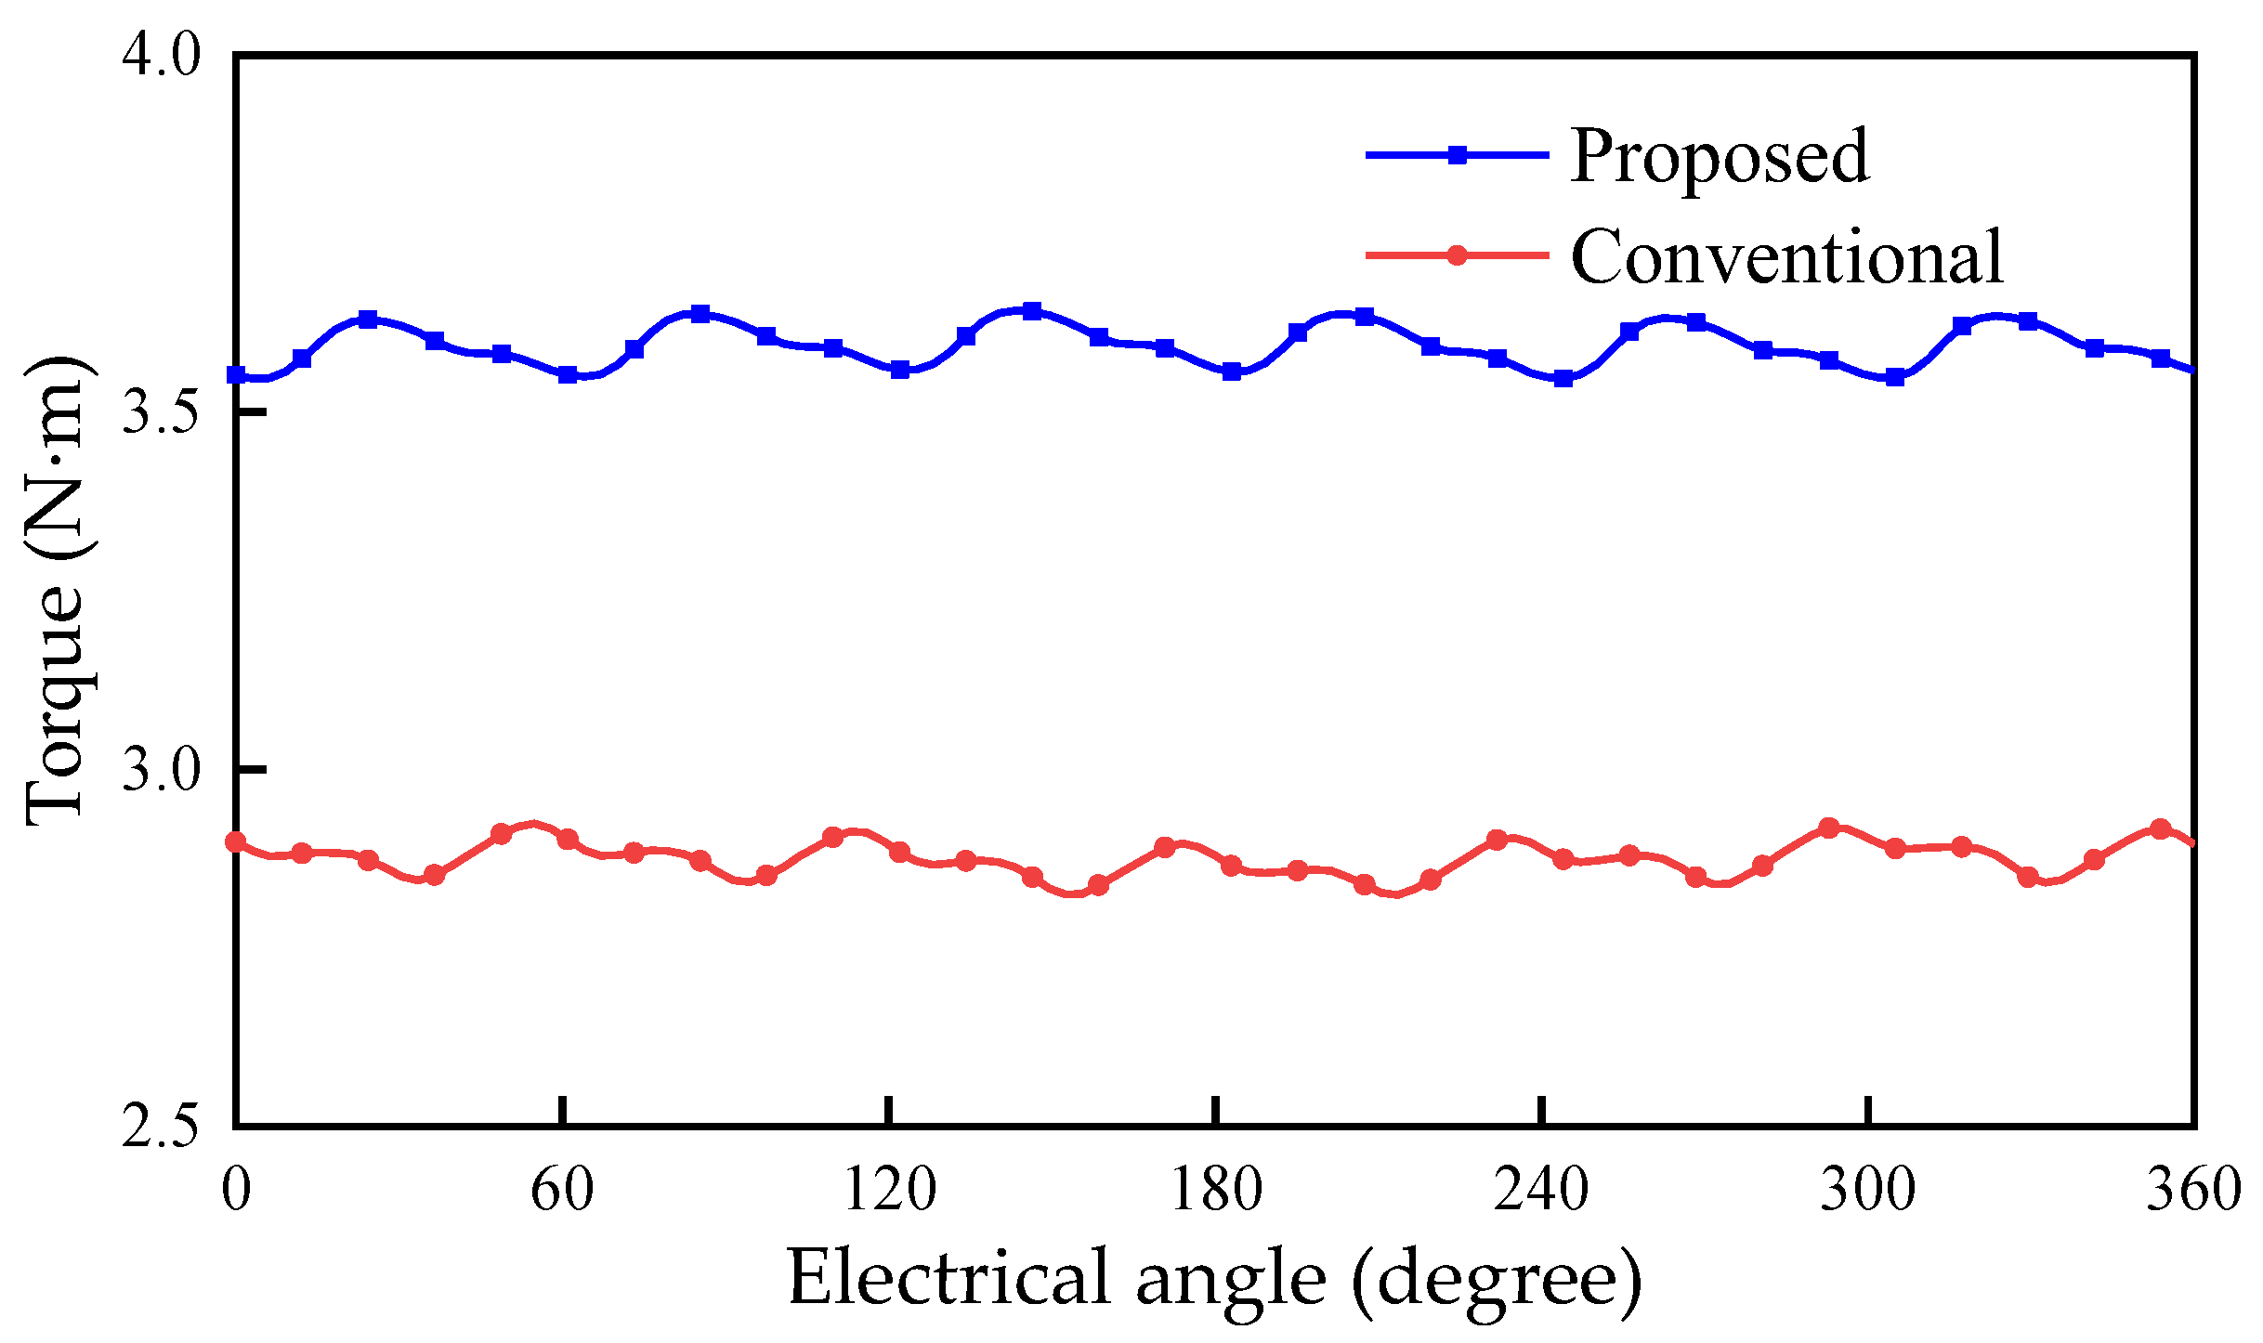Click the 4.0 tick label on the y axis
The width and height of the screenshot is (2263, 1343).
(x=161, y=56)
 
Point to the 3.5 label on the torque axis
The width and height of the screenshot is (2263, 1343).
(x=161, y=412)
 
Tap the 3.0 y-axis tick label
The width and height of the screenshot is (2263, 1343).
(x=161, y=770)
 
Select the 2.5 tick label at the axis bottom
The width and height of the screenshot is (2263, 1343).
(x=161, y=1127)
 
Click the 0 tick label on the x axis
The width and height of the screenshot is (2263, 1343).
(x=236, y=1190)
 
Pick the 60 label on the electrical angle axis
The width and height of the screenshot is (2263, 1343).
(x=562, y=1190)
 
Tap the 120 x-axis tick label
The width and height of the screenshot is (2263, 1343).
(x=889, y=1190)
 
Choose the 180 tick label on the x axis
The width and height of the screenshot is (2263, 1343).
(x=1216, y=1190)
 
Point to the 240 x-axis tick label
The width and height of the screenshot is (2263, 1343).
(x=1542, y=1190)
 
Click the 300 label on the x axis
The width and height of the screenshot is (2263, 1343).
(x=1868, y=1190)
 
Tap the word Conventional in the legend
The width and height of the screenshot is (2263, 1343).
(x=1787, y=257)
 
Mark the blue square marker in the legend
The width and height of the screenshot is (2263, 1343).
(x=1458, y=155)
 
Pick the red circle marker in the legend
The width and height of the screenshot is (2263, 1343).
(x=1458, y=255)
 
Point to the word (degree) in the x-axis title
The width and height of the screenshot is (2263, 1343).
(x=1497, y=1281)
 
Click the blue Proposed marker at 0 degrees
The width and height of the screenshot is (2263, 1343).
(x=237, y=375)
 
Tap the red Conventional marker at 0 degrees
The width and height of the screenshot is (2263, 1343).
(x=237, y=842)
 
